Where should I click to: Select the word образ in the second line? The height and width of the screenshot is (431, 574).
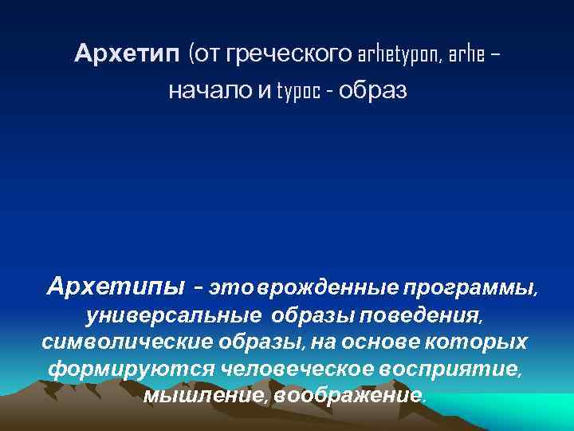tap(372, 91)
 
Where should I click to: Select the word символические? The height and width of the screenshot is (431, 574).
tap(124, 342)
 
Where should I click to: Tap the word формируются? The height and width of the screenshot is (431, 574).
tap(131, 370)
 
